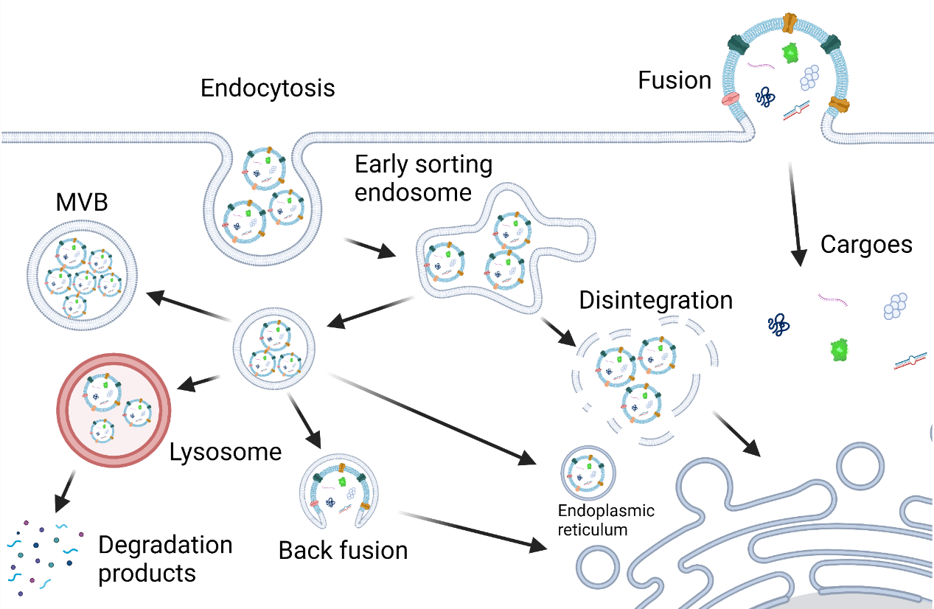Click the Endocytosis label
click(x=268, y=88)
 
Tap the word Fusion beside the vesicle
click(x=675, y=80)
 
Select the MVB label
click(x=82, y=202)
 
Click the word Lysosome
click(x=226, y=452)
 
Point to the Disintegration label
click(x=656, y=300)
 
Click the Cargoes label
click(x=866, y=245)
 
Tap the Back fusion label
click(x=344, y=550)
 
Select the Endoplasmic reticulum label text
click(x=606, y=520)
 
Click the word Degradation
click(x=166, y=545)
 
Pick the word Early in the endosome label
click(x=382, y=164)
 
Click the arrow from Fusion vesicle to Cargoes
click(x=795, y=214)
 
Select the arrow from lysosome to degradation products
click(x=66, y=491)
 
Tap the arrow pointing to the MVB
click(x=189, y=306)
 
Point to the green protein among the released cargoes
click(x=840, y=349)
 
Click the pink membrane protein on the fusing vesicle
click(x=730, y=99)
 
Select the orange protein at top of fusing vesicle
click(x=790, y=23)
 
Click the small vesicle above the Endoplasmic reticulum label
click(x=588, y=473)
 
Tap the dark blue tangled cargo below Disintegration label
click(x=778, y=324)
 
